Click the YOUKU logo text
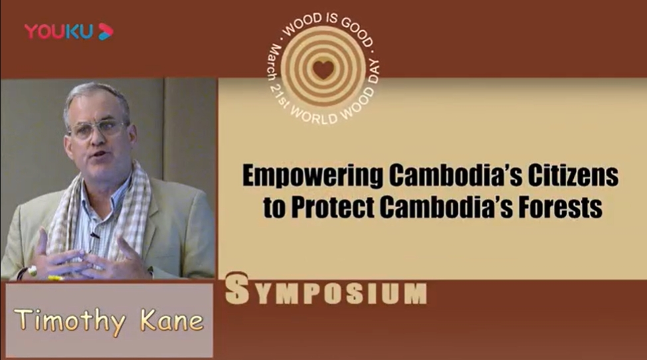pyautogui.click(x=58, y=31)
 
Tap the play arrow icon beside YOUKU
pyautogui.click(x=105, y=31)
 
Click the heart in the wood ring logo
pyautogui.click(x=323, y=69)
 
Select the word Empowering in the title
pyautogui.click(x=312, y=176)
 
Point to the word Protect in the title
pyautogui.click(x=333, y=207)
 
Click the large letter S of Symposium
pyautogui.click(x=238, y=290)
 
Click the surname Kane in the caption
pyautogui.click(x=172, y=320)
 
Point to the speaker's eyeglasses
pyautogui.click(x=98, y=129)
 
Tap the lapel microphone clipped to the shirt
pyautogui.click(x=95, y=236)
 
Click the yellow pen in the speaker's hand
pyautogui.click(x=55, y=278)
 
